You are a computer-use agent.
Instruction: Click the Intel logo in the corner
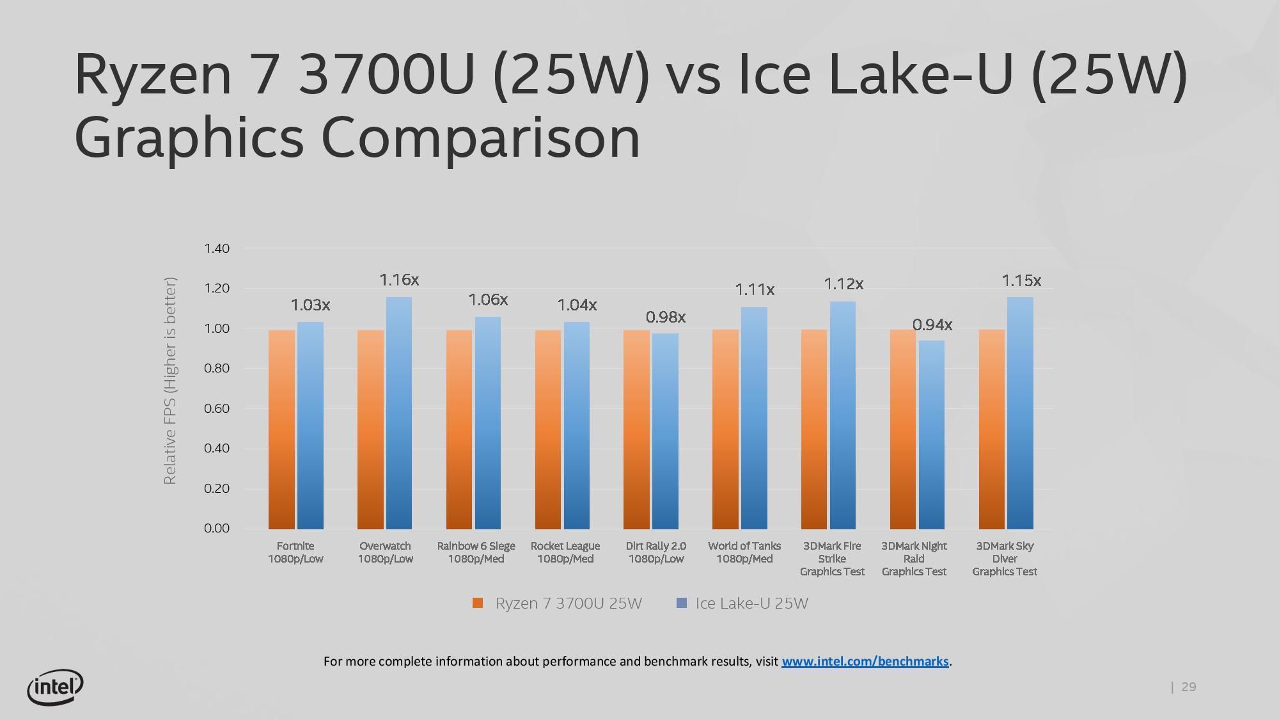tap(55, 687)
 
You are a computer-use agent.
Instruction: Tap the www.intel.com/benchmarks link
tap(865, 661)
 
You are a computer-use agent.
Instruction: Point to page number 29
tap(1188, 687)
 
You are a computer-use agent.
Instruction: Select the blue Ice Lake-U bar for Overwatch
tap(399, 413)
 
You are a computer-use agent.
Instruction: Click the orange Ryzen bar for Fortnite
tap(281, 429)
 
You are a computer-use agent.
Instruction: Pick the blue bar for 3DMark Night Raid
tap(931, 435)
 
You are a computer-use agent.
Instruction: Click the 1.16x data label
tap(399, 280)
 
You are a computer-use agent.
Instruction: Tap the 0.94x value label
tap(932, 325)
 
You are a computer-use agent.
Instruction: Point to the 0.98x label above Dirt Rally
tap(665, 317)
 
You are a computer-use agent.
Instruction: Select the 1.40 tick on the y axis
tap(217, 248)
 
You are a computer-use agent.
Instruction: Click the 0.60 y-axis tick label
tap(217, 408)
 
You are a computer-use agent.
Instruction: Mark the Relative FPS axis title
tap(169, 381)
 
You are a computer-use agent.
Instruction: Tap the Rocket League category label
tap(565, 552)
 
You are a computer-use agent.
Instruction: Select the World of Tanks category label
tap(744, 552)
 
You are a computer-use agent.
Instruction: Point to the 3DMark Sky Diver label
tap(1005, 559)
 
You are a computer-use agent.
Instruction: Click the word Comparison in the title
tap(480, 138)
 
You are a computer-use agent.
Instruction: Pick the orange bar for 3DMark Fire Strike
tap(814, 429)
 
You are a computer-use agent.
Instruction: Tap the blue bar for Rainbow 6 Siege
tap(488, 422)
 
